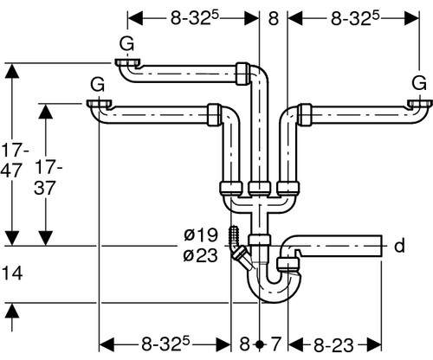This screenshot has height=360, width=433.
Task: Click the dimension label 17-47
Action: click(13, 161)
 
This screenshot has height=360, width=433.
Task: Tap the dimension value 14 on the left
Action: click(12, 273)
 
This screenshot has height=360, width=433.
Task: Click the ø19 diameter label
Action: click(201, 235)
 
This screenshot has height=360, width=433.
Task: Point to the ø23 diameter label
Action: click(201, 255)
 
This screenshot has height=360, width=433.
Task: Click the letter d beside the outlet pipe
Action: click(399, 246)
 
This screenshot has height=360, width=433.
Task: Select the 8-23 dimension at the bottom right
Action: click(333, 345)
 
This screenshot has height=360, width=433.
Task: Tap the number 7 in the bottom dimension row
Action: click(275, 344)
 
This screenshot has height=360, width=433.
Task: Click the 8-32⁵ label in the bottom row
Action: click(165, 344)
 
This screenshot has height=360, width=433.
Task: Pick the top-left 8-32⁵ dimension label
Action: click(194, 19)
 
